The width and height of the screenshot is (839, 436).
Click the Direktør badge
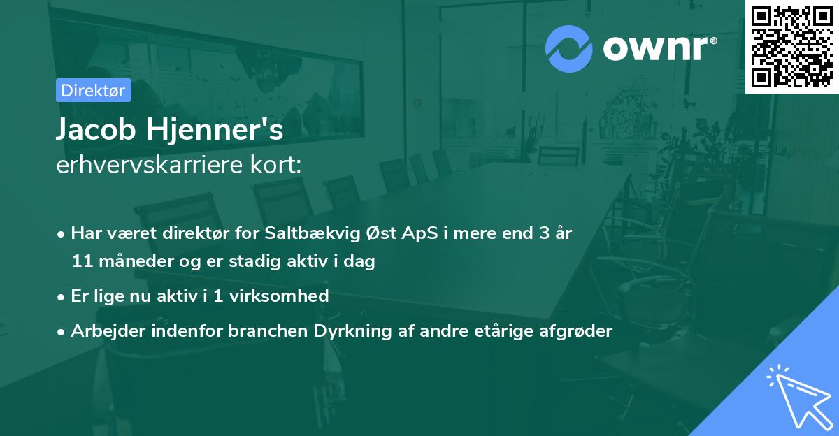(x=93, y=90)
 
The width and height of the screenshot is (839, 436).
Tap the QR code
(x=791, y=46)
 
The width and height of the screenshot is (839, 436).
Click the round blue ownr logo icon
(x=569, y=49)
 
